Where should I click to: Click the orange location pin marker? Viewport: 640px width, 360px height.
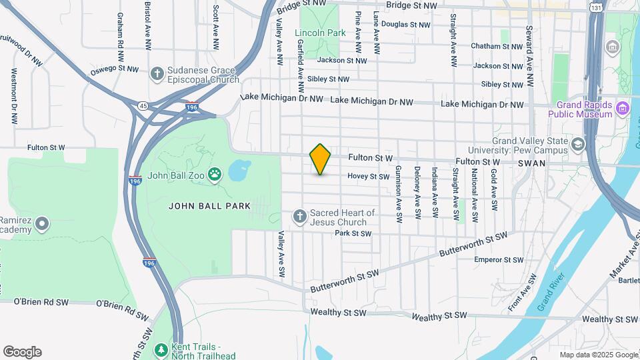(320, 159)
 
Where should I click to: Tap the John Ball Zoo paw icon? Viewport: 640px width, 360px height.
(215, 175)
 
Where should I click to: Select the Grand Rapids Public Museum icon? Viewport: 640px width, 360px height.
(622, 107)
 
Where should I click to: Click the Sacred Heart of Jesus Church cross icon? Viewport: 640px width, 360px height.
(300, 216)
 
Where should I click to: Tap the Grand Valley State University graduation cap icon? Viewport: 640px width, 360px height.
(577, 143)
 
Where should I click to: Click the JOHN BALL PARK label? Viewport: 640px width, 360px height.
(209, 206)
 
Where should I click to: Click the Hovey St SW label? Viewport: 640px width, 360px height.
(368, 177)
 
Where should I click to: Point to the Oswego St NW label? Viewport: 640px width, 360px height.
(115, 69)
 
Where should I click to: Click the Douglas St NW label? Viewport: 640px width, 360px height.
(405, 25)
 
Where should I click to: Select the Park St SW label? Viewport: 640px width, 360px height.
(353, 233)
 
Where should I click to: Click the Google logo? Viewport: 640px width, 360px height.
(22, 352)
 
